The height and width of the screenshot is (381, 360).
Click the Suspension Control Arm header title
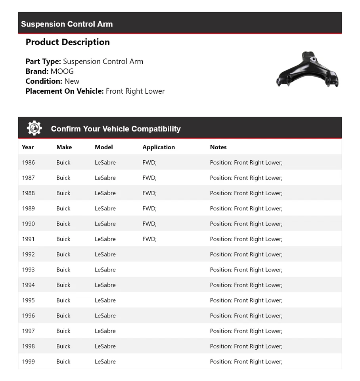(67, 24)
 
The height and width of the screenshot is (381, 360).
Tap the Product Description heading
(67, 42)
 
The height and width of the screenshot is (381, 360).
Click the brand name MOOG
(62, 71)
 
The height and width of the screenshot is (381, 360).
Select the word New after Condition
(72, 81)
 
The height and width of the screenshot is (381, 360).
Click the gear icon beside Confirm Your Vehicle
(34, 128)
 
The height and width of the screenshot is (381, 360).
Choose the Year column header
(28, 147)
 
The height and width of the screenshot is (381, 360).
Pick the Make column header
(64, 147)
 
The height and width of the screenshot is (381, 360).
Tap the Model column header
(103, 147)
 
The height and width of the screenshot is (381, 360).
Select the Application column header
(159, 147)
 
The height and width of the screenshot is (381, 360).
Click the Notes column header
(218, 147)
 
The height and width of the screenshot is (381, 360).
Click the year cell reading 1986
(28, 163)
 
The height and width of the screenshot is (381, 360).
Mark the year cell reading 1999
(28, 362)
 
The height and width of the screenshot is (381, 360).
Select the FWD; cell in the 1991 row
(149, 239)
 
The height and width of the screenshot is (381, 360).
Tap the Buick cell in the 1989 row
(63, 209)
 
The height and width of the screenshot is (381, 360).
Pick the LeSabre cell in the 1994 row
(105, 285)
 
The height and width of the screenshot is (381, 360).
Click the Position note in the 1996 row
(246, 316)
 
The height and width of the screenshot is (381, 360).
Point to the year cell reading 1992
(28, 254)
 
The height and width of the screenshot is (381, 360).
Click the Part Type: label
(43, 62)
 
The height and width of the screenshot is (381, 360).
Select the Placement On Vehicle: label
(64, 91)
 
